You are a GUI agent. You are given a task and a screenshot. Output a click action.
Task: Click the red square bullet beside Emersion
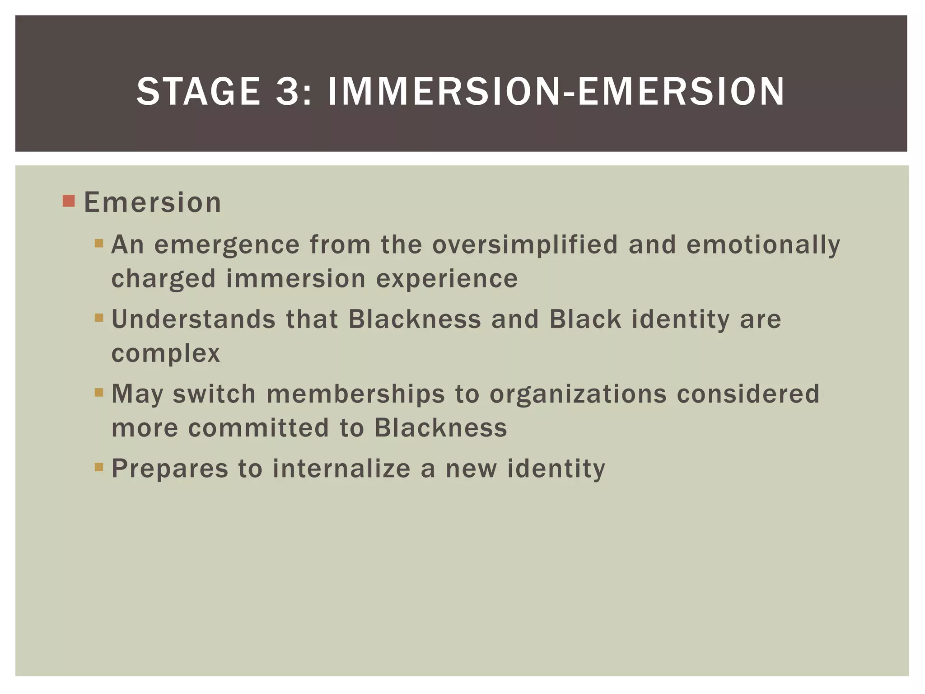[69, 201]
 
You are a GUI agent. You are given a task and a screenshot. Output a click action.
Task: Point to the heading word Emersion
[153, 202]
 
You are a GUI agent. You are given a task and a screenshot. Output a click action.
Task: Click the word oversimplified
[525, 244]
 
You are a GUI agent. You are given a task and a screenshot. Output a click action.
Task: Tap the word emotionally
[763, 244]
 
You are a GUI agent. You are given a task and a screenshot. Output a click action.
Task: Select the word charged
[164, 279]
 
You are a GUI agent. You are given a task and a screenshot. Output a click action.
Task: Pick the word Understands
[193, 319]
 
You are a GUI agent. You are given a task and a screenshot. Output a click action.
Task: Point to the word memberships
[355, 394]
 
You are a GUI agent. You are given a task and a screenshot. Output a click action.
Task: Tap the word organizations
[578, 394]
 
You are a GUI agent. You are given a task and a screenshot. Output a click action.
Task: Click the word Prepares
[170, 469]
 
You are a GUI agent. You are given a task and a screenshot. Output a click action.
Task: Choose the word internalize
[341, 468]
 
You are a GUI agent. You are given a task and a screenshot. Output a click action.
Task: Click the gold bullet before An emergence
[99, 244]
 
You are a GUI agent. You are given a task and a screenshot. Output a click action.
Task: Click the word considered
[748, 394]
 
